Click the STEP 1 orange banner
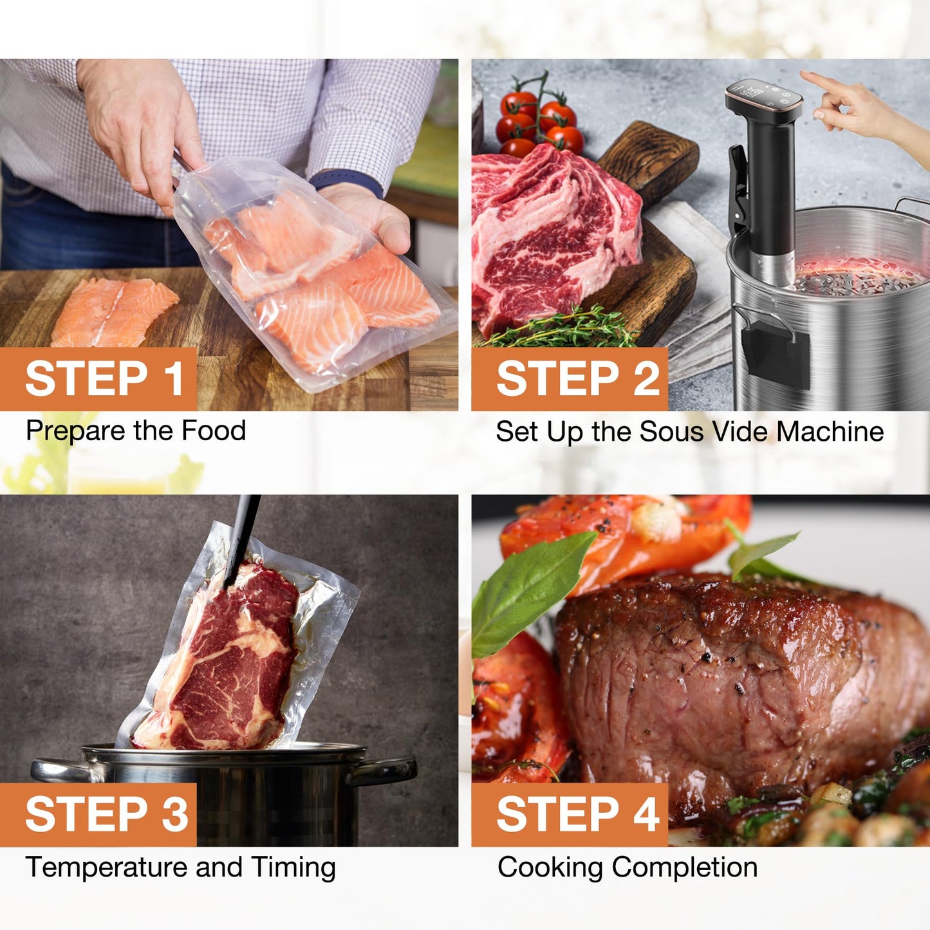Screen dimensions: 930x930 pyautogui.click(x=98, y=379)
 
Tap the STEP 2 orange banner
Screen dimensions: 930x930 pyautogui.click(x=570, y=379)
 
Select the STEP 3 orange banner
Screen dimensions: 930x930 pyautogui.click(x=98, y=815)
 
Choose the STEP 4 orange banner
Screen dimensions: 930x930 pyautogui.click(x=570, y=815)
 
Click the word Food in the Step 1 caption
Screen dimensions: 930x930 pyautogui.click(x=213, y=431)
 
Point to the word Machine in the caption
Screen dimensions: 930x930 pyautogui.click(x=830, y=431)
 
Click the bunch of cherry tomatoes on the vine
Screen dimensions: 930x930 pyautogui.click(x=539, y=118)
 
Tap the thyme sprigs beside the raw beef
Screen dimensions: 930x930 pyautogui.click(x=560, y=328)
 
